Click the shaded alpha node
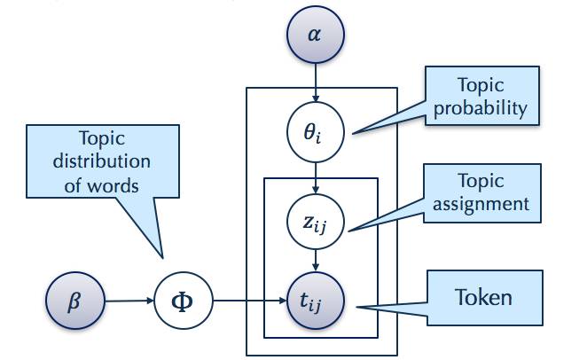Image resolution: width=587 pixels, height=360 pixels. [x=315, y=36]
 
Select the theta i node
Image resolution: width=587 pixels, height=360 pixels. [x=315, y=134]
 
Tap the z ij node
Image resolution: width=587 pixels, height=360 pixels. [x=315, y=218]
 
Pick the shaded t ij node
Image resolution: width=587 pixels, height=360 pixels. [x=315, y=302]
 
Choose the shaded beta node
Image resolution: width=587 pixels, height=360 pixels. [x=74, y=302]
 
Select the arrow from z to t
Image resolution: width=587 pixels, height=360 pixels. [x=315, y=260]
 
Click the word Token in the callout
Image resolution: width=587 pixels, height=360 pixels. [x=482, y=296]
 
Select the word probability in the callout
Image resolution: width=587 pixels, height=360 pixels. [x=481, y=109]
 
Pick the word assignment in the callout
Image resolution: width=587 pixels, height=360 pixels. [x=481, y=204]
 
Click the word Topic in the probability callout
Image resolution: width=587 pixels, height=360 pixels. [x=481, y=86]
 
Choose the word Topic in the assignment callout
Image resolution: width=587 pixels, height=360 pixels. [x=481, y=181]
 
